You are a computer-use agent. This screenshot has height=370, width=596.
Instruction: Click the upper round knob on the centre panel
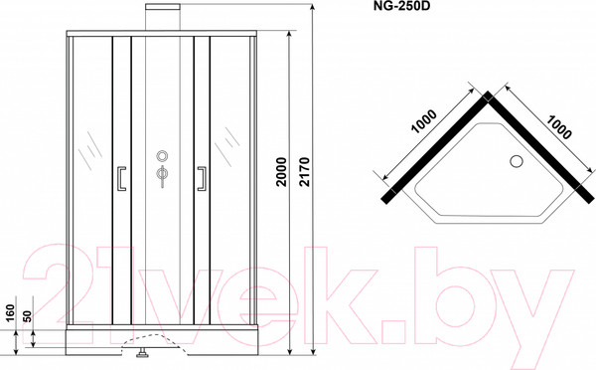point(161,157)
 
